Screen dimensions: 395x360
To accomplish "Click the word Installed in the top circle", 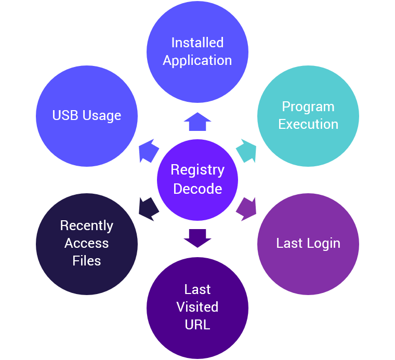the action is [197, 43].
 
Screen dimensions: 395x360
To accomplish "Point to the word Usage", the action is [102, 116].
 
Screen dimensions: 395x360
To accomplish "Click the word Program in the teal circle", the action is [308, 107].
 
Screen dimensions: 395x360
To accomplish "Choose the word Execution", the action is [308, 124].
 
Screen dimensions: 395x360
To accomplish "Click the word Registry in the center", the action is [197, 170].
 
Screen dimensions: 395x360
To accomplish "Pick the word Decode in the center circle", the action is [197, 189].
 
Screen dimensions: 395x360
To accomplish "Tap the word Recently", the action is [87, 226].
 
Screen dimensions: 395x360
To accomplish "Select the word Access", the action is [87, 243].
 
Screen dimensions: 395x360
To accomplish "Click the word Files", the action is [87, 261].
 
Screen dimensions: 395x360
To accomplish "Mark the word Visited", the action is [197, 307].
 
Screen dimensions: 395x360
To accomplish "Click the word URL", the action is [197, 325].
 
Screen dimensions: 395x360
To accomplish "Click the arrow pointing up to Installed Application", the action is [197, 122].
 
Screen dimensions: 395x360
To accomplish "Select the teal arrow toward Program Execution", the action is [246, 151].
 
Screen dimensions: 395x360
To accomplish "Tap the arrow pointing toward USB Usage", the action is [149, 151].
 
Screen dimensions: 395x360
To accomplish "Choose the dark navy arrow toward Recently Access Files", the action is [149, 209].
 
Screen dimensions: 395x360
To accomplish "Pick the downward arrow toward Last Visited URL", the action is [197, 238].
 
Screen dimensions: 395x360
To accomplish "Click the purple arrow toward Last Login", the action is [246, 209].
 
